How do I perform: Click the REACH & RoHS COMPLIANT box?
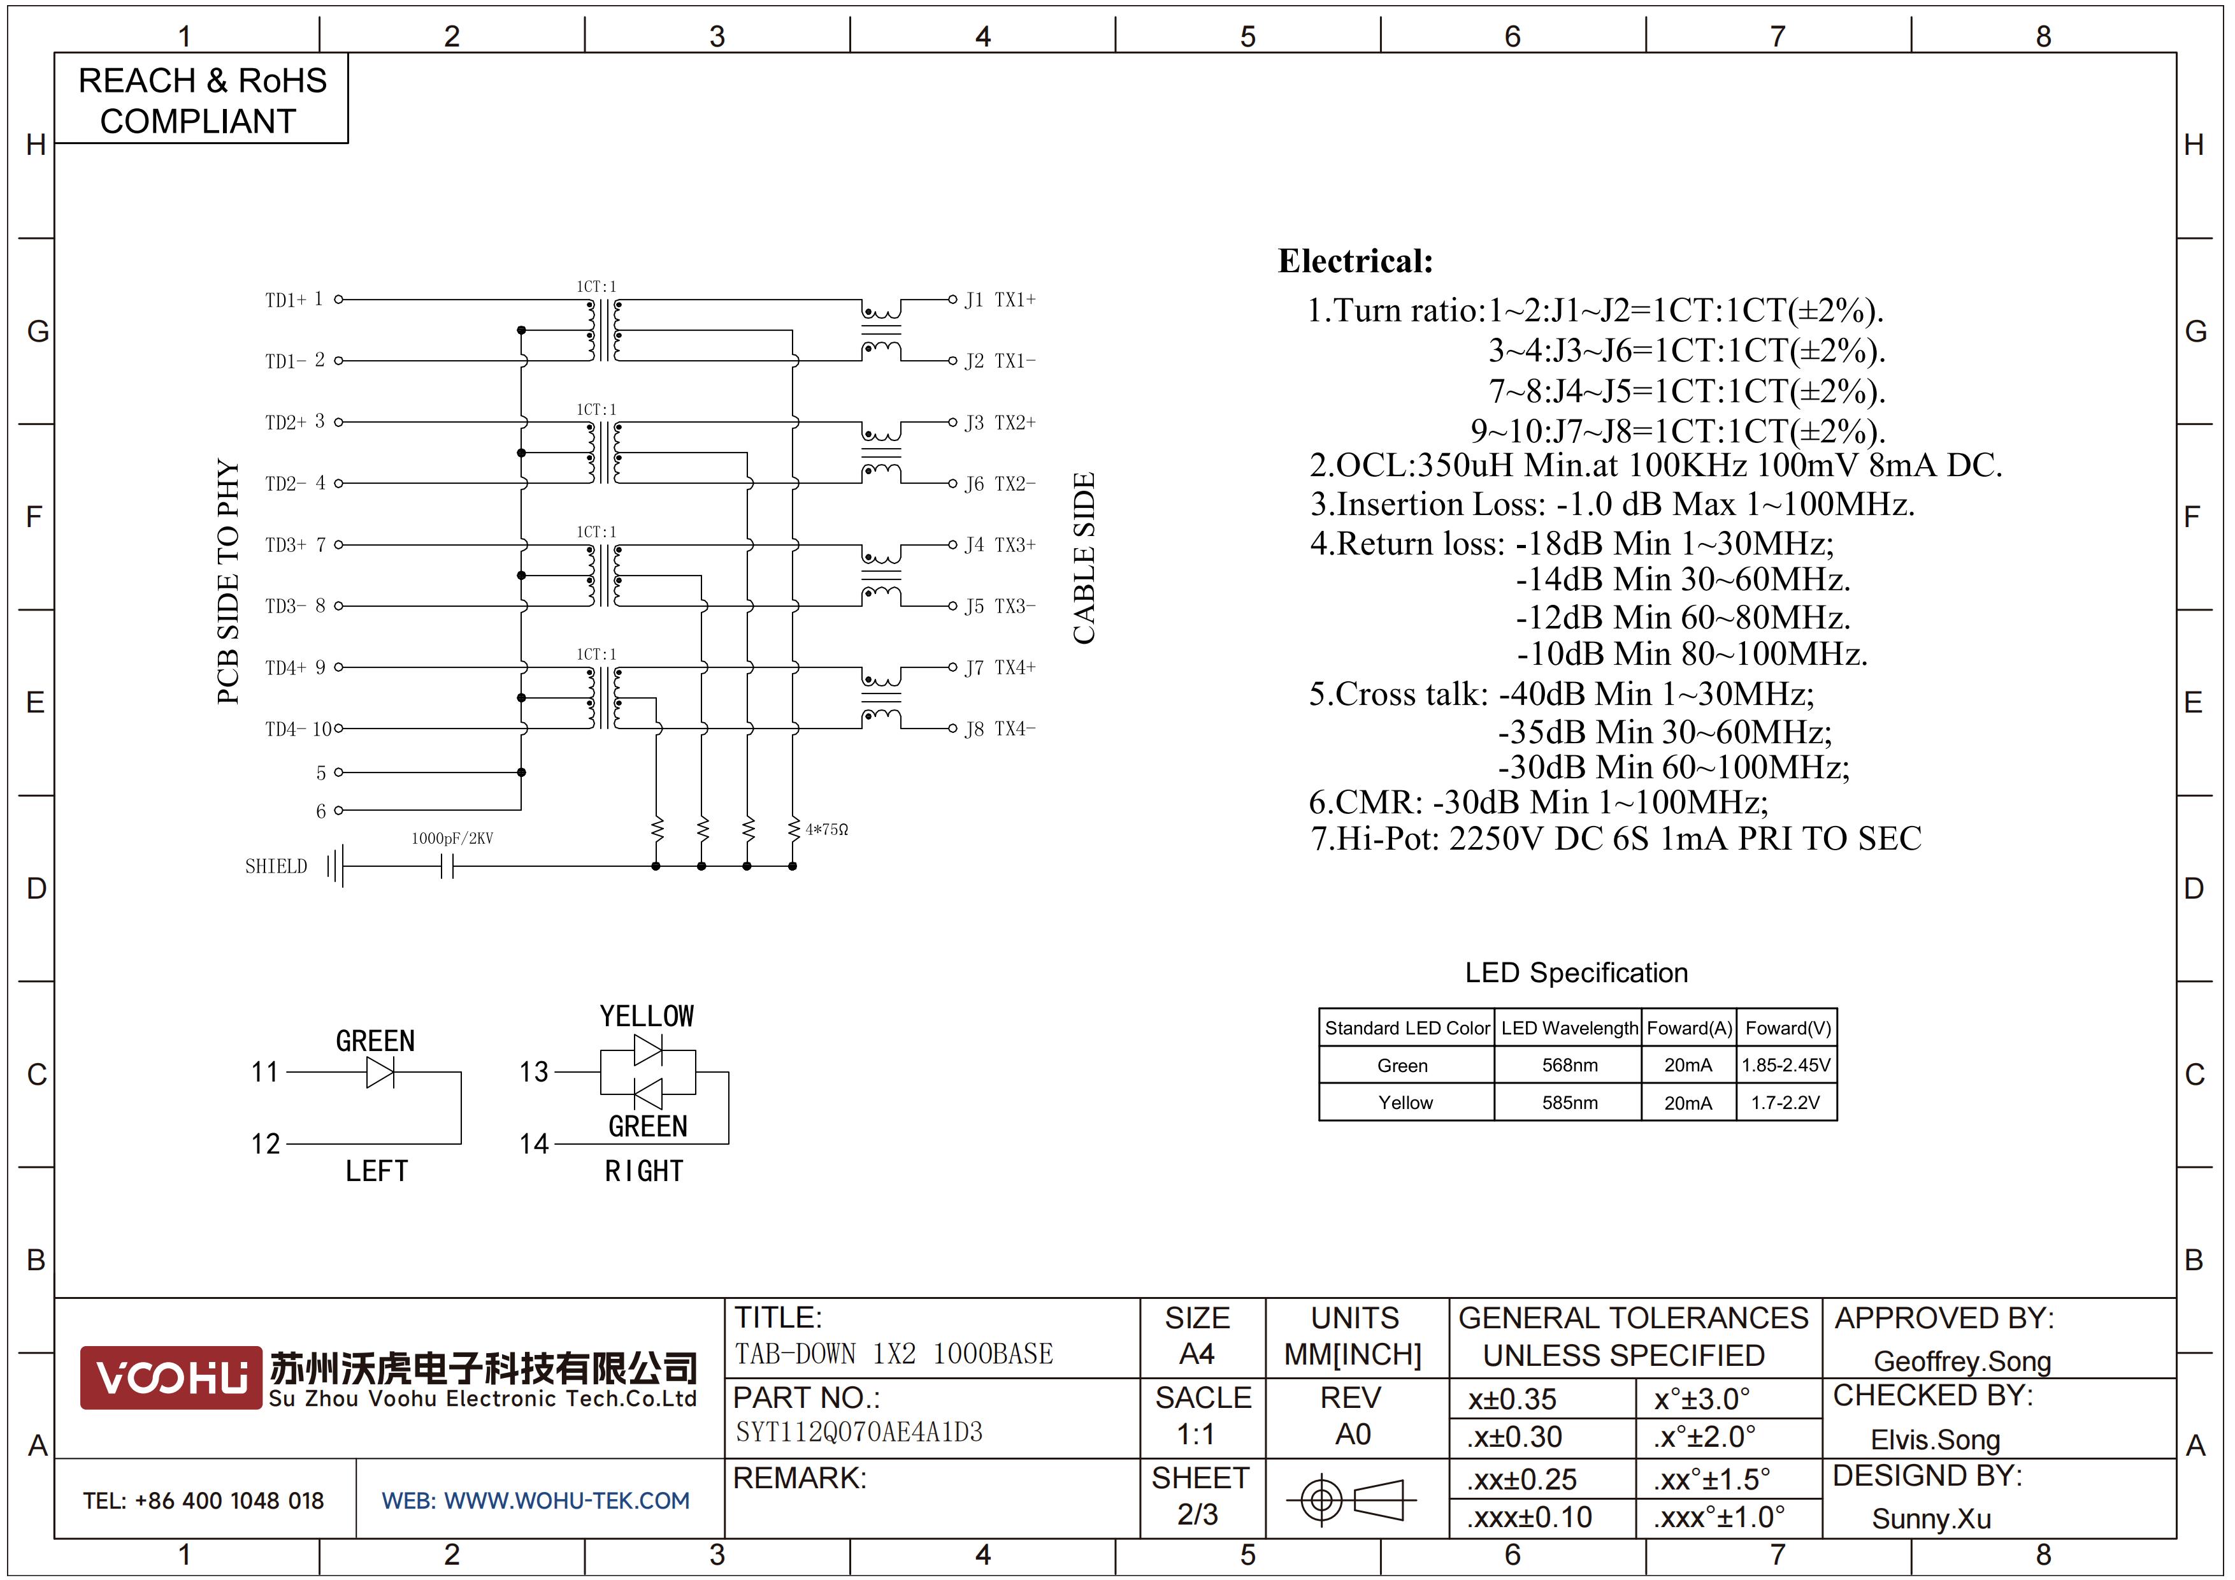tap(201, 99)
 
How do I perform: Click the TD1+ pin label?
tap(285, 300)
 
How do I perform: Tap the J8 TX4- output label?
tap(1000, 729)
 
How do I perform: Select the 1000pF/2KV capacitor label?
tap(452, 838)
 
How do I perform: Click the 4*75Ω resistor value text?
tap(826, 829)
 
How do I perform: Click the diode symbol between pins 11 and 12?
tap(380, 1073)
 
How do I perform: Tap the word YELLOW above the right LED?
tap(647, 1017)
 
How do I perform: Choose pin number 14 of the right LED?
tap(533, 1144)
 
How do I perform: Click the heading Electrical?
tap(1355, 261)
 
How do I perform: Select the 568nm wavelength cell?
tap(1569, 1065)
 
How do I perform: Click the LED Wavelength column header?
tap(1569, 1028)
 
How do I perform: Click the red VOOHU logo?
tap(171, 1377)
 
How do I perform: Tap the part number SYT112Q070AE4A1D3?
tap(859, 1432)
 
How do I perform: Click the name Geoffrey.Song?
tap(1962, 1361)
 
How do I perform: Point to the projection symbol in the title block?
tap(1352, 1499)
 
